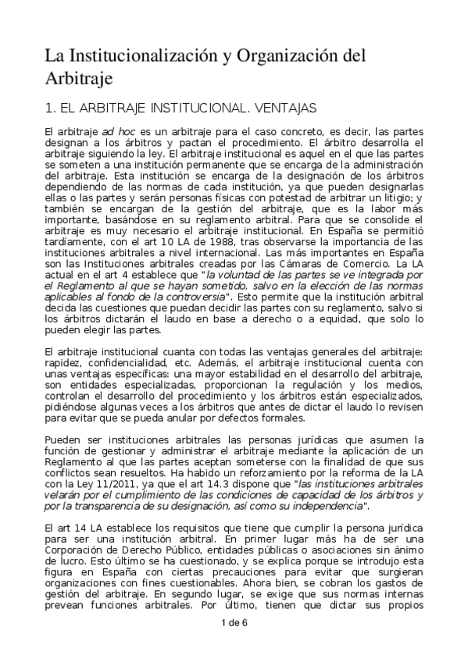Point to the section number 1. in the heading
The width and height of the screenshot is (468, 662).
pyautogui.click(x=50, y=105)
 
